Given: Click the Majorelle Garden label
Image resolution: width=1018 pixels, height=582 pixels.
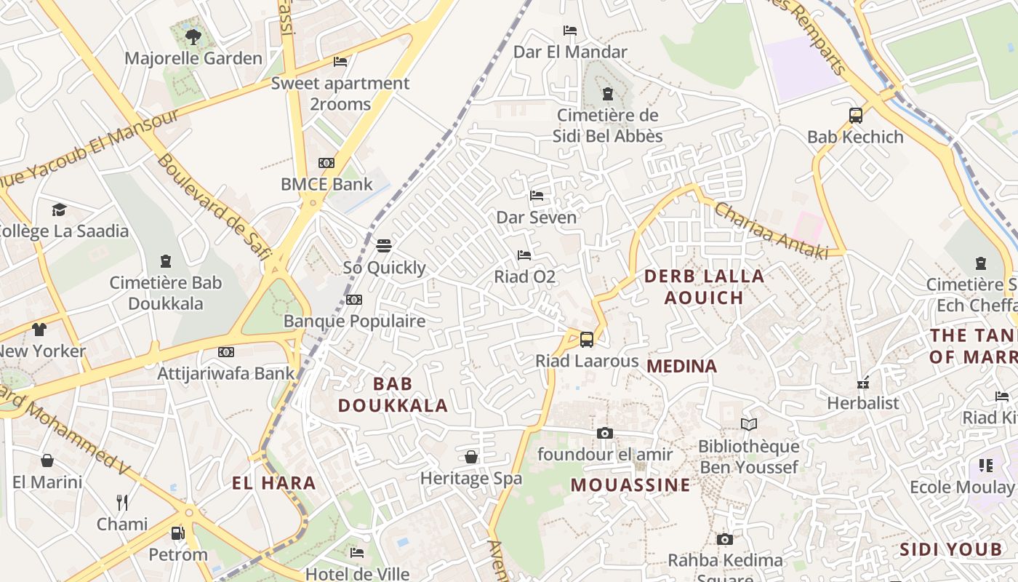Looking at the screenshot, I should click(x=193, y=58).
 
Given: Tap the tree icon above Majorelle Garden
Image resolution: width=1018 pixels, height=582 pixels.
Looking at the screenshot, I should click(x=193, y=36).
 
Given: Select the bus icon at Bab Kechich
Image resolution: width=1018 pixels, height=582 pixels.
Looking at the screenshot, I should click(x=856, y=115).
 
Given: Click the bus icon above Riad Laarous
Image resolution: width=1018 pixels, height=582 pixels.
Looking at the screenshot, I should click(x=586, y=339).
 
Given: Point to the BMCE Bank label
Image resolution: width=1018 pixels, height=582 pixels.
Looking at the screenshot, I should click(x=326, y=184).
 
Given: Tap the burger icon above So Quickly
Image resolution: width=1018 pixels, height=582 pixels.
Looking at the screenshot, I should click(x=384, y=245).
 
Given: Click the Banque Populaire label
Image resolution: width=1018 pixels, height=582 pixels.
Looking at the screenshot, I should click(x=354, y=321).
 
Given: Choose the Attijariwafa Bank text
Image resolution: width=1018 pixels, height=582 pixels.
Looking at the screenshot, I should click(x=226, y=373).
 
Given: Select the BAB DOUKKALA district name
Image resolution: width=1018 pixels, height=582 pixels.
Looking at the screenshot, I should click(x=393, y=394).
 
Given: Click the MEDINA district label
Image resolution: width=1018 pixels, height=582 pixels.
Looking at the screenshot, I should click(x=681, y=366).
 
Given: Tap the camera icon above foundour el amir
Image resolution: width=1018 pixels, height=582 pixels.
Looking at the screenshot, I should click(x=604, y=433).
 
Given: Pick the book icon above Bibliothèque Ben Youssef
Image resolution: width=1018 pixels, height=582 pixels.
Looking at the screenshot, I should click(x=748, y=424).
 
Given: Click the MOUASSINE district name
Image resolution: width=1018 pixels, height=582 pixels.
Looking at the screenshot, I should click(x=630, y=485).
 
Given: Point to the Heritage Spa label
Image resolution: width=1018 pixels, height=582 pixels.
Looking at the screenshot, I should click(x=471, y=478).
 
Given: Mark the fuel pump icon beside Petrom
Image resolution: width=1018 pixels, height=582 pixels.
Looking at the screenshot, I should click(x=177, y=533).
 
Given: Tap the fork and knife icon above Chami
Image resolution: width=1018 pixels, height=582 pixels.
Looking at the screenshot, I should click(x=122, y=502).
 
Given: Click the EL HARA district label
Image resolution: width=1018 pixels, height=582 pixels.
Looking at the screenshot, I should click(x=274, y=482).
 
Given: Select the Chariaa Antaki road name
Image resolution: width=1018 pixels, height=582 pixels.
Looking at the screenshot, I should click(x=771, y=230).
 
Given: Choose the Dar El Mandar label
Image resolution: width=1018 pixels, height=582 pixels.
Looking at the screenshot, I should click(x=570, y=52).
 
